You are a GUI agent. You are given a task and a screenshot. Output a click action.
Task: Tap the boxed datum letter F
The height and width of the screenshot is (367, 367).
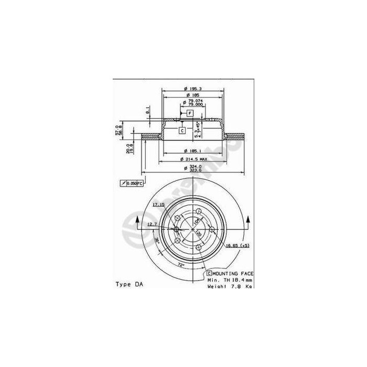point(189,113)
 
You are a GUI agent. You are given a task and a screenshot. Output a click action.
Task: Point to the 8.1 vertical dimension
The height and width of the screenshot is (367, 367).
point(148,111)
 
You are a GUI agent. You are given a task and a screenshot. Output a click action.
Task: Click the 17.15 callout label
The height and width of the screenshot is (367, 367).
point(158,204)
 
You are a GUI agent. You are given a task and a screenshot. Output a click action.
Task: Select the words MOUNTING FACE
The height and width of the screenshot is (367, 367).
point(232,274)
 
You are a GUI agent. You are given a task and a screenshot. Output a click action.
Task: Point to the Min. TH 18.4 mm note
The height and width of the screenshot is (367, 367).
point(230,280)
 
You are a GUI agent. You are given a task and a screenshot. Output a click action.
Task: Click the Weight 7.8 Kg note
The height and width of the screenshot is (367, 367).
point(230,287)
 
